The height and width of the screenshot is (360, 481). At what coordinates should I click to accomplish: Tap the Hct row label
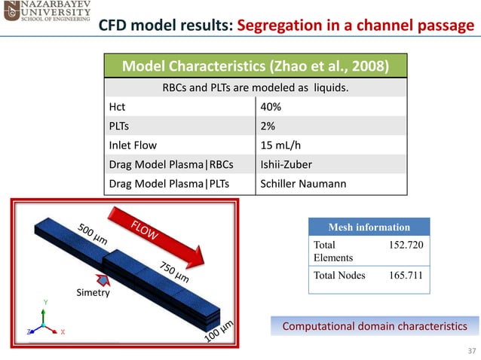coord(118,107)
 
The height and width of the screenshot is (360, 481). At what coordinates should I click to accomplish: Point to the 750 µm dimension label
coord(173,272)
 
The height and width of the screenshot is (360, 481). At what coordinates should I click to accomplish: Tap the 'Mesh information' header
coord(369,227)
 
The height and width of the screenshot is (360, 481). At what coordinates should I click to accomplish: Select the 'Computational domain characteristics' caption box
coord(374,326)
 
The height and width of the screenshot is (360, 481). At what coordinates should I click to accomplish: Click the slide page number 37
coord(472,351)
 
